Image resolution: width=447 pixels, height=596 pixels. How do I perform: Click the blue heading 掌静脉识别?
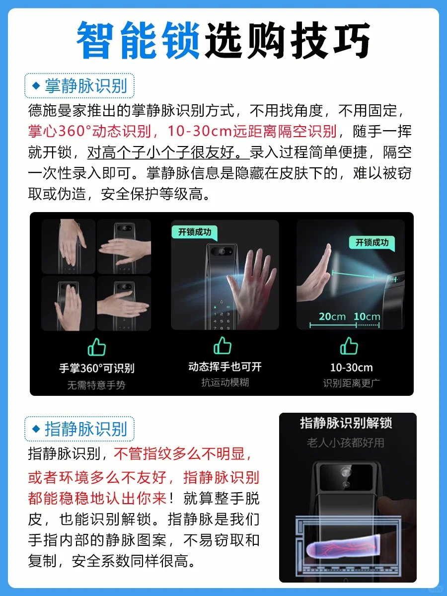(86, 86)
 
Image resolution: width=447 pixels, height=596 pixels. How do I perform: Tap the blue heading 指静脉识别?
(86, 429)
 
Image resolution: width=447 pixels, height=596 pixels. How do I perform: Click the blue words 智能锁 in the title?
(139, 40)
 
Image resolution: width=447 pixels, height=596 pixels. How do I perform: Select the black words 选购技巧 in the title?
(288, 40)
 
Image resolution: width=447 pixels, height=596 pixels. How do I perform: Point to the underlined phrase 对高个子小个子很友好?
(168, 152)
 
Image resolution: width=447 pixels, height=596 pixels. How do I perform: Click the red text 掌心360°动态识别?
(89, 131)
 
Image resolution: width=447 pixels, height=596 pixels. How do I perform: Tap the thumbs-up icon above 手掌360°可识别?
(97, 347)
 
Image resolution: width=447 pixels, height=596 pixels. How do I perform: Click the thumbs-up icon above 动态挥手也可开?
(223, 346)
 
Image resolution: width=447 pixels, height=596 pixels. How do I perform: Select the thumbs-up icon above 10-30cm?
(349, 346)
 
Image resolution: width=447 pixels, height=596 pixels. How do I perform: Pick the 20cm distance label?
(332, 316)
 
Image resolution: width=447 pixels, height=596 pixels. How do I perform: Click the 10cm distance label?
(367, 316)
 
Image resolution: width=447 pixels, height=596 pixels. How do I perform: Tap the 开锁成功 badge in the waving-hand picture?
(195, 232)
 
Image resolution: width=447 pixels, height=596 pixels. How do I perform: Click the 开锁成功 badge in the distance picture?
(372, 242)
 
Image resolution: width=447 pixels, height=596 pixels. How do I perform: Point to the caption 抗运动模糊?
(225, 382)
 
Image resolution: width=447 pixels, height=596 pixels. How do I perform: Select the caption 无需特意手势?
(96, 385)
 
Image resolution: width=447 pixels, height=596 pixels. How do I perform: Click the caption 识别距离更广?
(352, 383)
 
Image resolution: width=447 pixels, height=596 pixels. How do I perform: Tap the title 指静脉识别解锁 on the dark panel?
(346, 423)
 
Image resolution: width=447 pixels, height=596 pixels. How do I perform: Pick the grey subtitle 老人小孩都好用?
(346, 443)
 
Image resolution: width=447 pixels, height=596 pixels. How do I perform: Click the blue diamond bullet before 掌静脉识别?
(36, 86)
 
